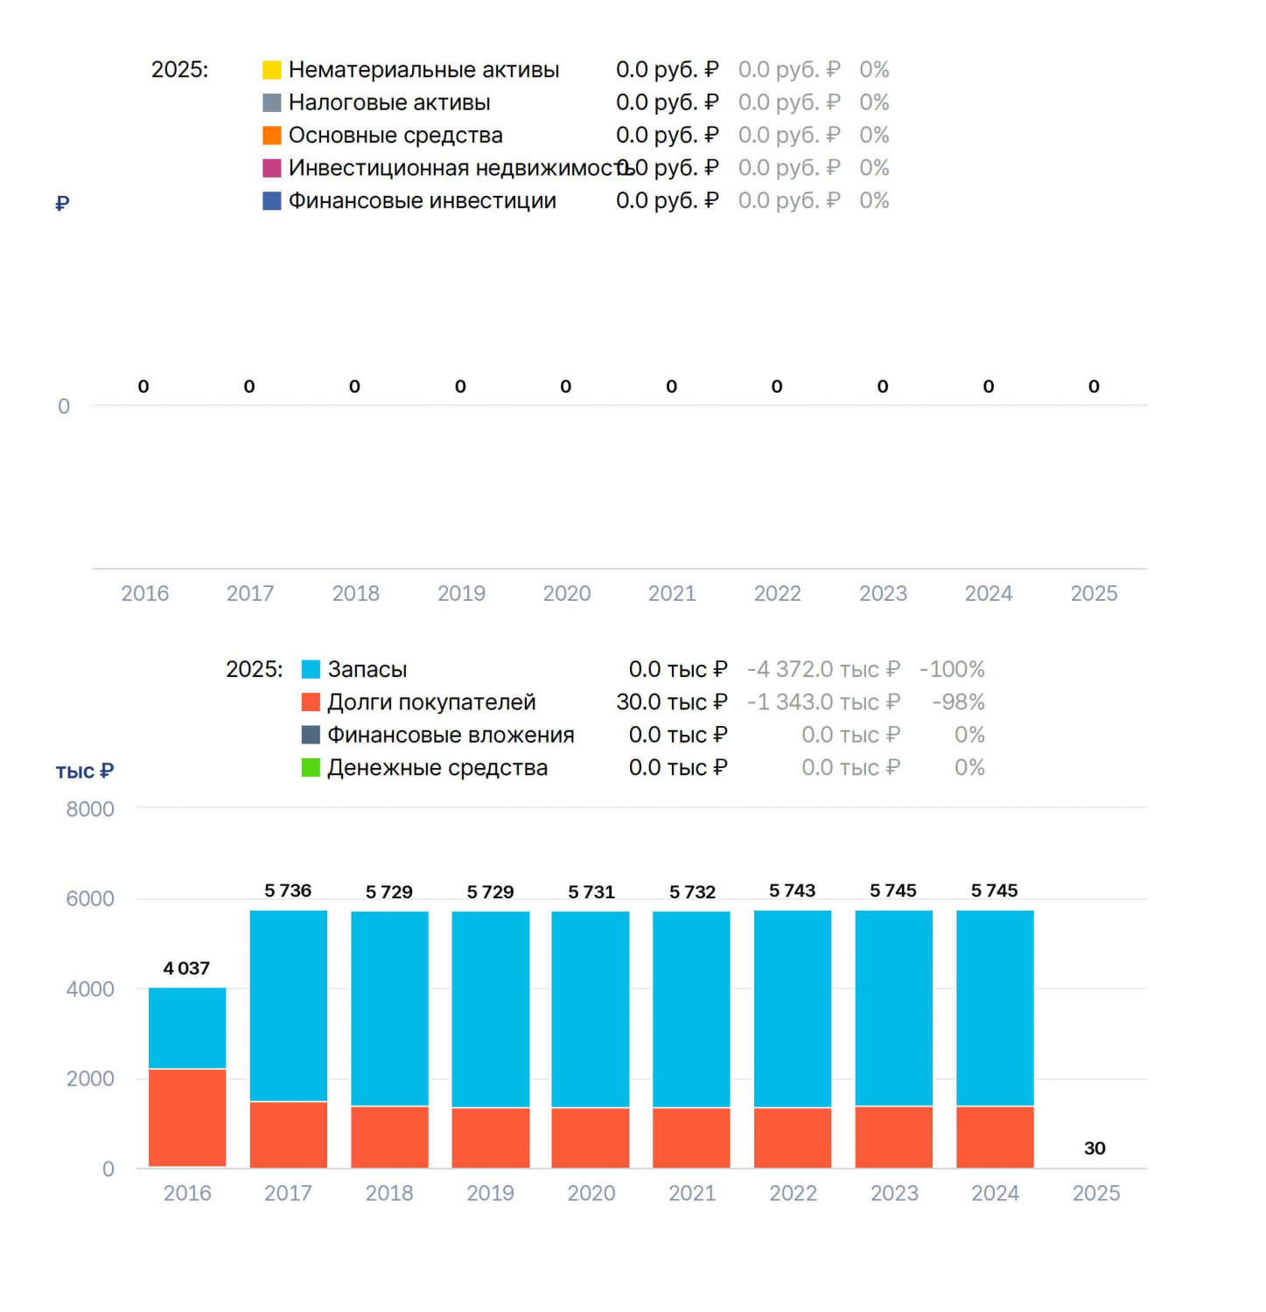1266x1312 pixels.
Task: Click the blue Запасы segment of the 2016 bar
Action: [x=187, y=1028]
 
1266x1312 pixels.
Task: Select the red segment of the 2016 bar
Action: [x=187, y=1118]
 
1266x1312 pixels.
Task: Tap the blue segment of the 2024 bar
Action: [x=995, y=1008]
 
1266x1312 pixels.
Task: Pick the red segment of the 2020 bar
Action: [x=591, y=1137]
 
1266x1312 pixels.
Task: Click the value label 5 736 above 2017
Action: [x=288, y=890]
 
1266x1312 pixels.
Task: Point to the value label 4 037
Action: [x=186, y=968]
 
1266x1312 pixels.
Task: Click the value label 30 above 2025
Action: [x=1095, y=1148]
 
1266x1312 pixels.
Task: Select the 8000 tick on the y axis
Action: [x=90, y=809]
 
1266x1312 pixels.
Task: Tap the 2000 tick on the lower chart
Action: [x=90, y=1078]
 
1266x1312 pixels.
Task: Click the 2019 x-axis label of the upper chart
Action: [x=461, y=594]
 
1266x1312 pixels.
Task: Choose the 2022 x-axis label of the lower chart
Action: [x=793, y=1193]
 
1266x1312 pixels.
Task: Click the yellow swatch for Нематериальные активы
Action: [x=272, y=70]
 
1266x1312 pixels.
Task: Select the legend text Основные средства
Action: [x=395, y=136]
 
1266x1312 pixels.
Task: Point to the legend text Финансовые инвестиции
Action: [x=423, y=201]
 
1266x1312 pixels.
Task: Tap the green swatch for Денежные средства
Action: [x=311, y=768]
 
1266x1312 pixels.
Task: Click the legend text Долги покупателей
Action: [x=431, y=702]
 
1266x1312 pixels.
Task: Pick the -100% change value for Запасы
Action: [x=952, y=670]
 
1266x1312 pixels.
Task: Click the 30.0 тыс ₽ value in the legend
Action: [x=672, y=702]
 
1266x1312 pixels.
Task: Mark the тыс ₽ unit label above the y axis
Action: [x=85, y=771]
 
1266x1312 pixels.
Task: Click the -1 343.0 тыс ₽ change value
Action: [x=823, y=702]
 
